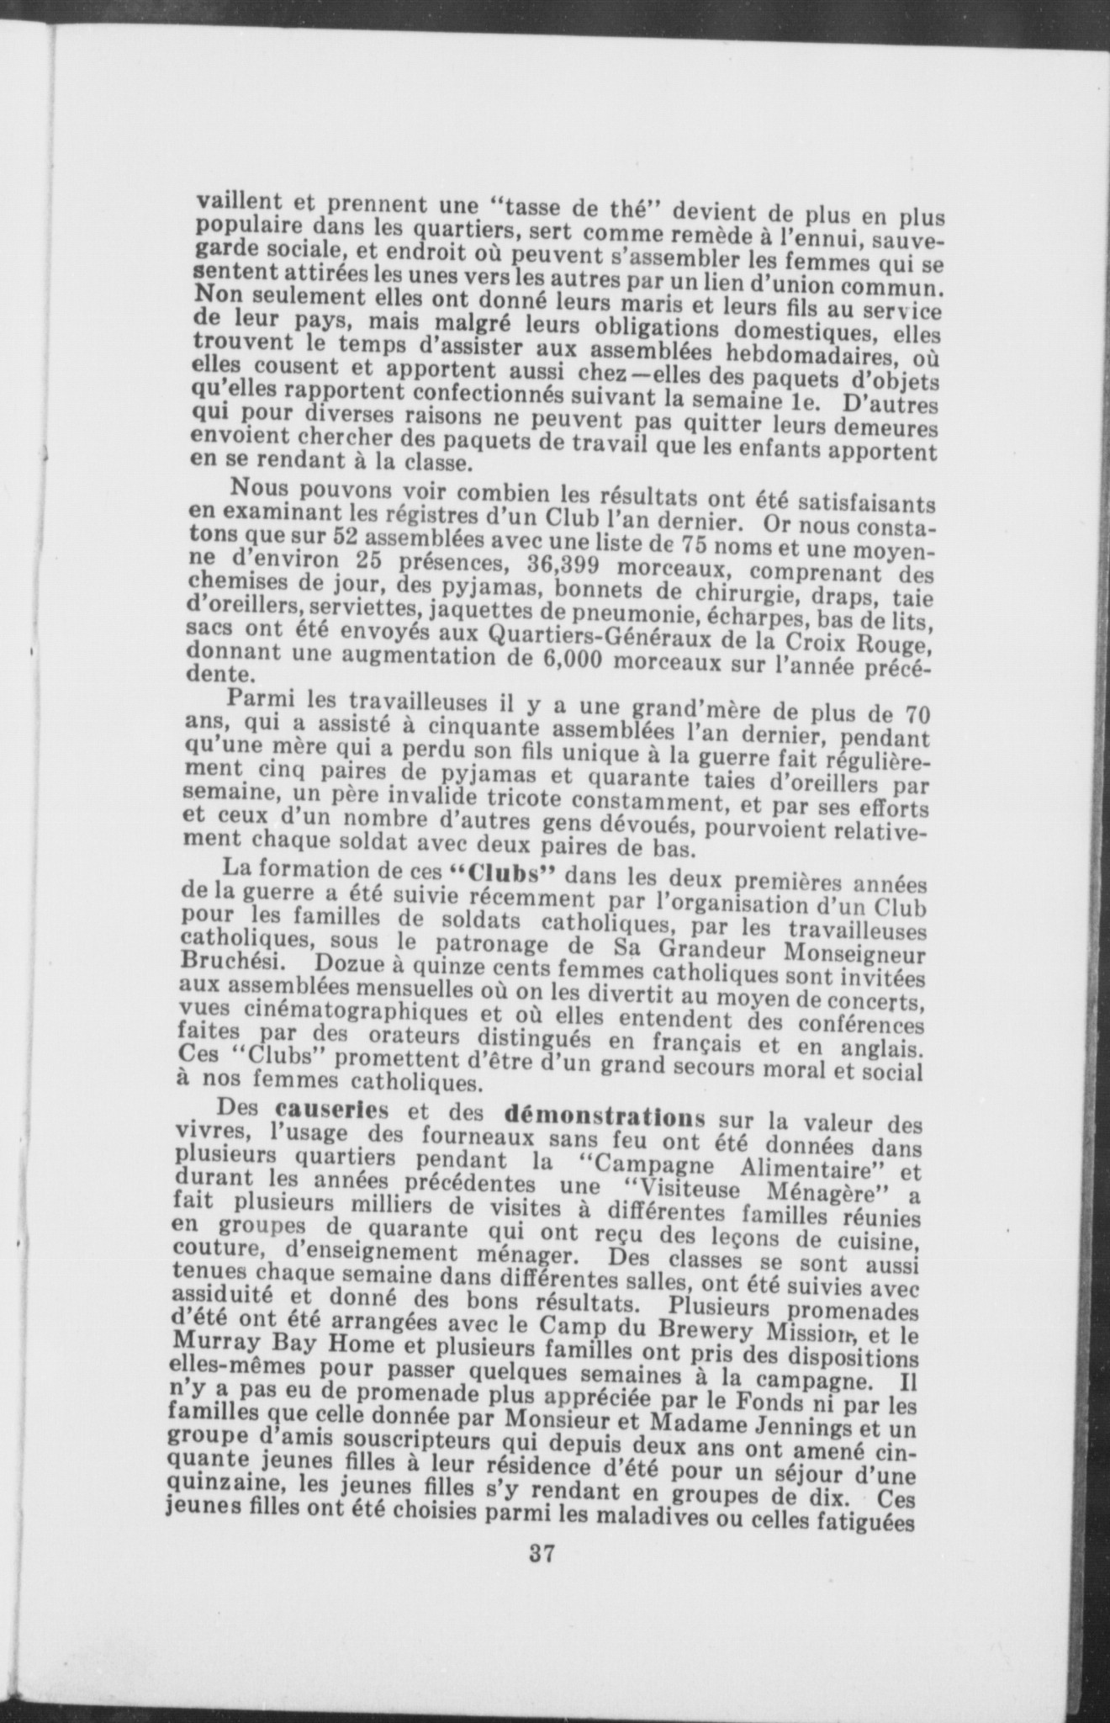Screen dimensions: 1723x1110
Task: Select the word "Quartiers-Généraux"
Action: click(489, 632)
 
